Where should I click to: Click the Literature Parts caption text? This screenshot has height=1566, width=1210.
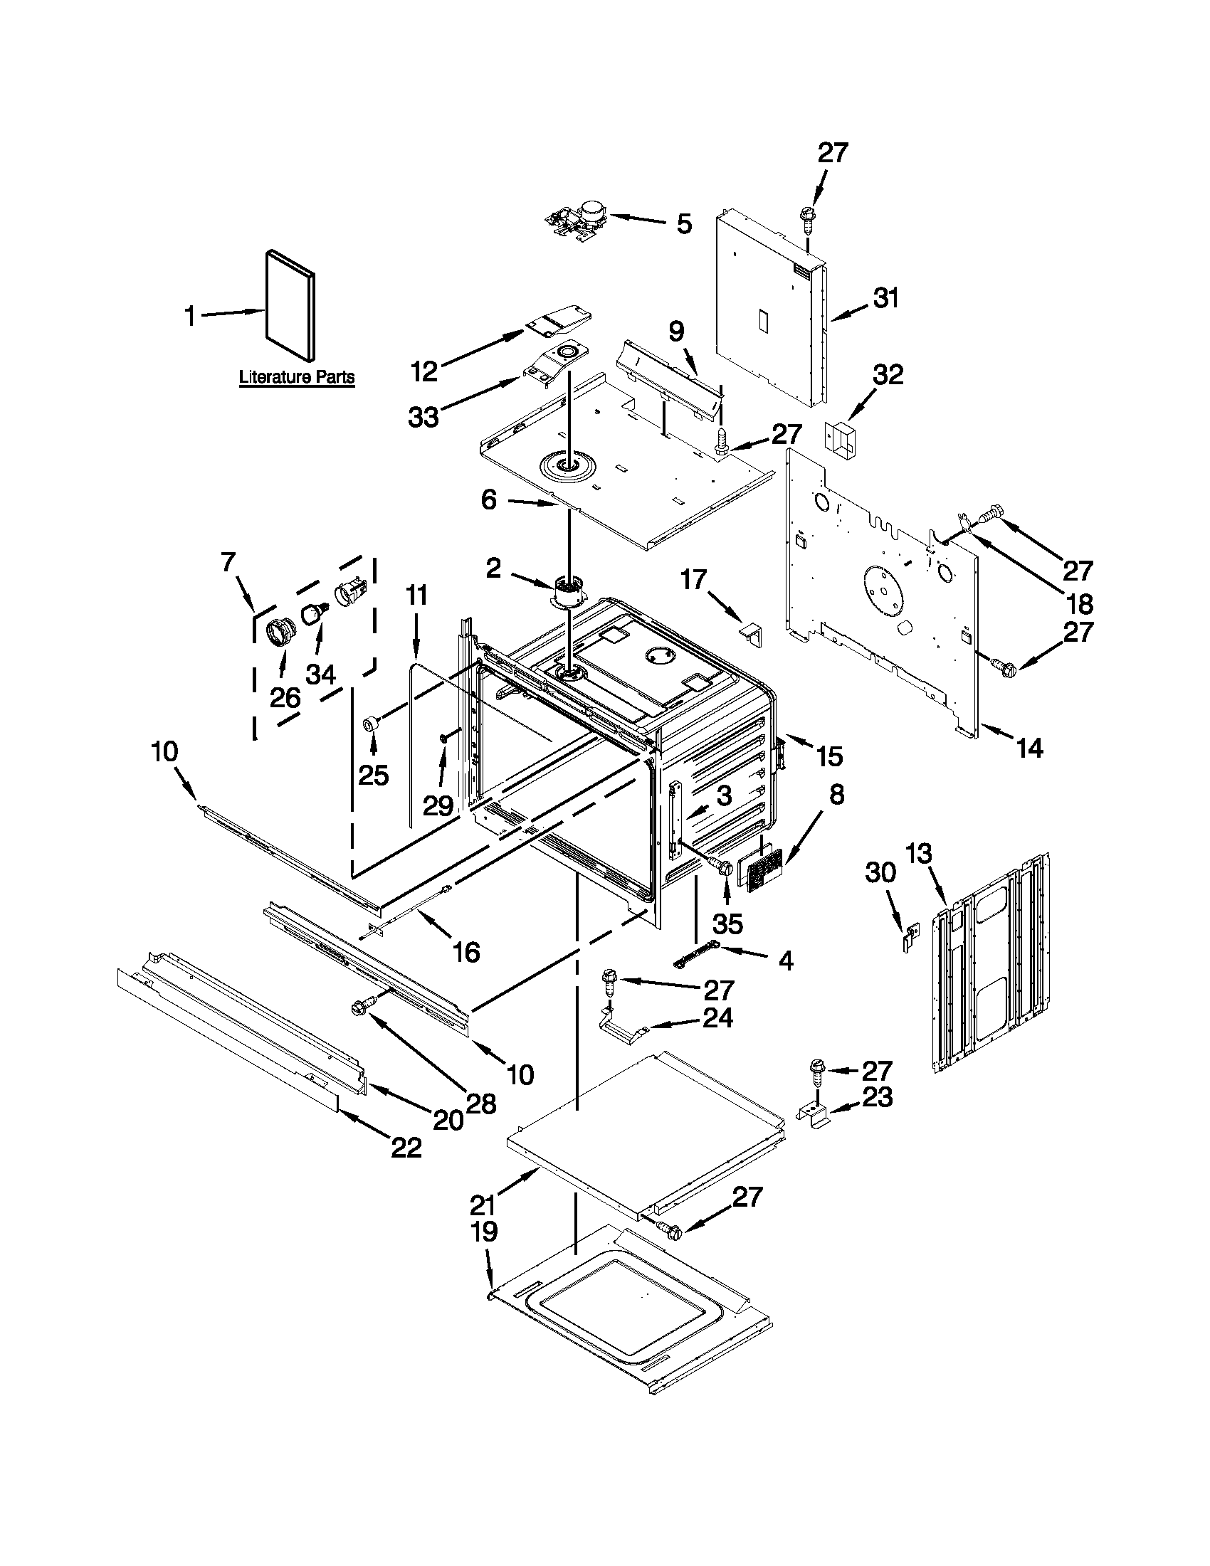tap(296, 376)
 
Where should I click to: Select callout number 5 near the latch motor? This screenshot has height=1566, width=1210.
tap(684, 223)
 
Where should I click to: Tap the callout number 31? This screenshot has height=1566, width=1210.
tap(886, 297)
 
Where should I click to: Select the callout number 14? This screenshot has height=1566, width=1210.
tap(1030, 748)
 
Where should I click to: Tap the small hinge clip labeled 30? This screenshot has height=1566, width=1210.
tap(910, 937)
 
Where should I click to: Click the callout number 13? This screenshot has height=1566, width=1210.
tap(918, 855)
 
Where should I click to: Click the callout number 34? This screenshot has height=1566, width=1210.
tap(320, 674)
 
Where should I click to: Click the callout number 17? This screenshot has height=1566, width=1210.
tap(693, 578)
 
